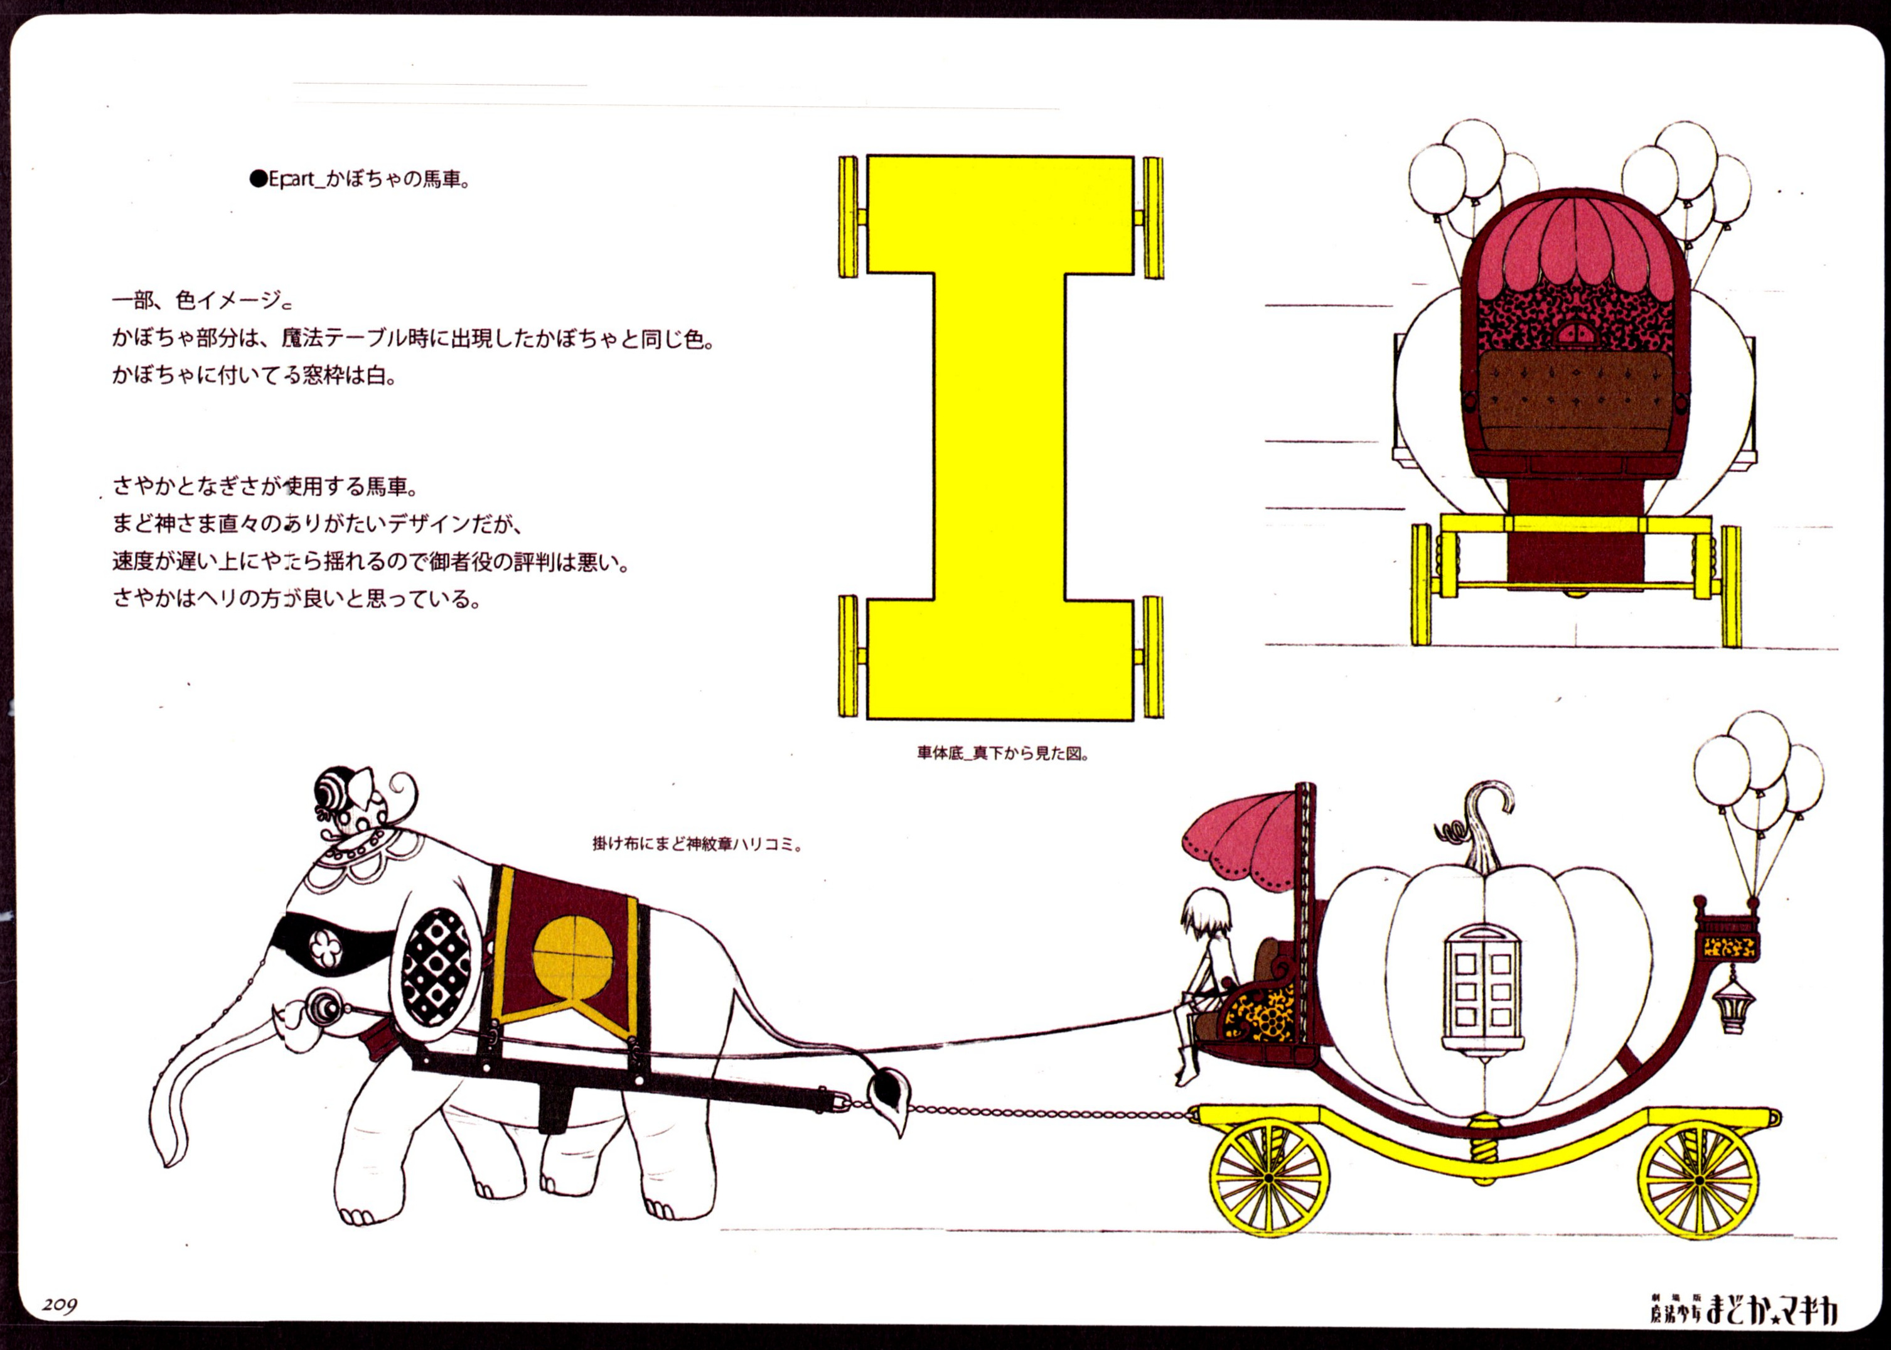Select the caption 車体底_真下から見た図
pyautogui.click(x=1002, y=754)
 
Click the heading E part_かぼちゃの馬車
pyautogui.click(x=360, y=179)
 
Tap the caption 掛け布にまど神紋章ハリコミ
pyautogui.click(x=696, y=845)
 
